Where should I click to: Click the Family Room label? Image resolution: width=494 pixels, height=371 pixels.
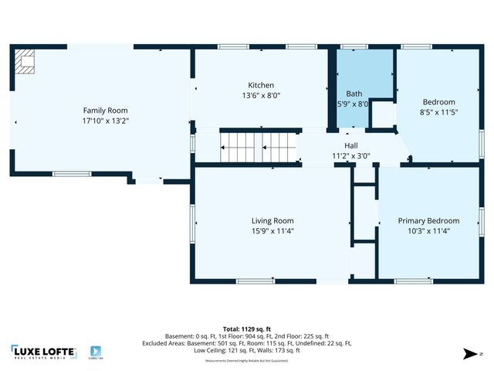pyautogui.click(x=106, y=111)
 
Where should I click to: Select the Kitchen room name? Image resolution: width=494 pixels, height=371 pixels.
pyautogui.click(x=261, y=85)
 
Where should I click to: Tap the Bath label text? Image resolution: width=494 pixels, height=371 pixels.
pyautogui.click(x=354, y=94)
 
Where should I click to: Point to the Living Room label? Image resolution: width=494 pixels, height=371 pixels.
pyautogui.click(x=272, y=220)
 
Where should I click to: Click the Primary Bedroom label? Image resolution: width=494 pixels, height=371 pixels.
pyautogui.click(x=428, y=220)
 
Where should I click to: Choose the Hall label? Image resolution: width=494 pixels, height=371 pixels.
pyautogui.click(x=351, y=145)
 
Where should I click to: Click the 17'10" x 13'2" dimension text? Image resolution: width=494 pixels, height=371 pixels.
pyautogui.click(x=106, y=121)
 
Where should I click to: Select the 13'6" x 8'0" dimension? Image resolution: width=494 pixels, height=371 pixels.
pyautogui.click(x=261, y=95)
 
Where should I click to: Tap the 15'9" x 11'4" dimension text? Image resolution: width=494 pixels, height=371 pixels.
pyautogui.click(x=272, y=230)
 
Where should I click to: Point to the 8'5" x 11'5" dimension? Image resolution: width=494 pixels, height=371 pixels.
pyautogui.click(x=438, y=112)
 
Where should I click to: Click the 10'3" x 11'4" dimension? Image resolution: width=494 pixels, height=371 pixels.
pyautogui.click(x=428, y=230)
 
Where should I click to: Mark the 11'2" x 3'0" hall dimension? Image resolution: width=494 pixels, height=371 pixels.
pyautogui.click(x=351, y=155)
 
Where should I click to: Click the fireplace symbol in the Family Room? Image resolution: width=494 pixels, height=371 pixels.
pyautogui.click(x=27, y=62)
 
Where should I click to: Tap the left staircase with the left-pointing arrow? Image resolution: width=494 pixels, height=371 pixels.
pyautogui.click(x=237, y=146)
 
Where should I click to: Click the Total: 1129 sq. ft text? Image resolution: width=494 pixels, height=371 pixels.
pyautogui.click(x=247, y=328)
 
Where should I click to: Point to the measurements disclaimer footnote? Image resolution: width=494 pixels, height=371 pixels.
pyautogui.click(x=247, y=361)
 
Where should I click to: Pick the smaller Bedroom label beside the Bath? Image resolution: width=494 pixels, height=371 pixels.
pyautogui.click(x=438, y=102)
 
